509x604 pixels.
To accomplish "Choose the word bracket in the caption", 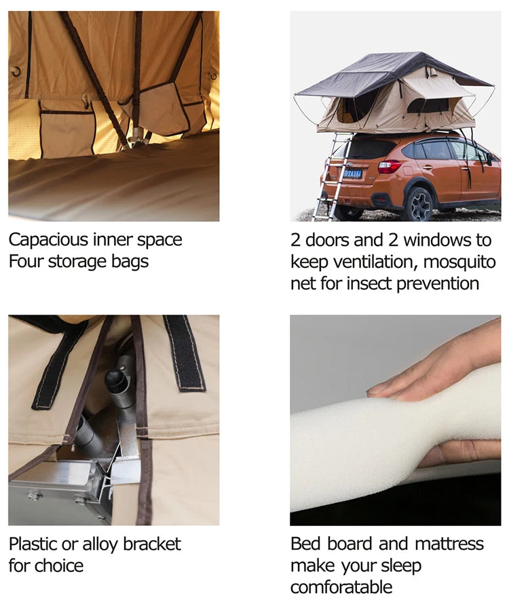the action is [x=152, y=544].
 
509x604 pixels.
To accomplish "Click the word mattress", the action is [x=449, y=544].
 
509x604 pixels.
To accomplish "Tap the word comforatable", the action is [x=341, y=588].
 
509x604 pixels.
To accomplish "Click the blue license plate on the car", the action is [x=352, y=174].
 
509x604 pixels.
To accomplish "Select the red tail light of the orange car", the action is [x=390, y=167].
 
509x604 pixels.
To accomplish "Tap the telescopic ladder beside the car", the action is [x=332, y=176].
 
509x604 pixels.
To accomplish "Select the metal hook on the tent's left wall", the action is [x=16, y=72].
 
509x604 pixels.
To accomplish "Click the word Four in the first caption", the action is [x=26, y=262].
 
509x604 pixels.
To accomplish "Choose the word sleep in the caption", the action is [x=401, y=567].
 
